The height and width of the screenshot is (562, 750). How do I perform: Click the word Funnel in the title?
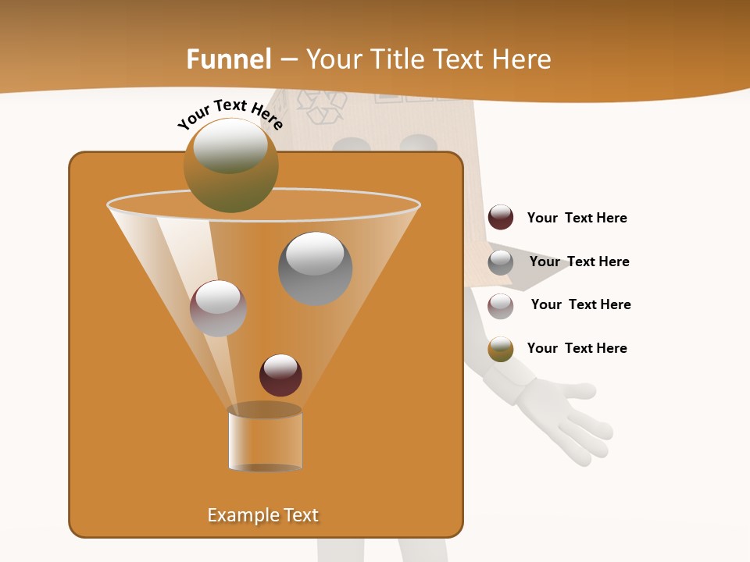(229, 59)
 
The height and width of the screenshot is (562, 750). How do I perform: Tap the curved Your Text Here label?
(230, 114)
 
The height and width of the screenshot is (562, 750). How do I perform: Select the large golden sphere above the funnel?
(231, 165)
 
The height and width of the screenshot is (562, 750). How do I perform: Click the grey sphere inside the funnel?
(315, 268)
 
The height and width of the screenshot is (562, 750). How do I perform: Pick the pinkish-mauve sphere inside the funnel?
(218, 308)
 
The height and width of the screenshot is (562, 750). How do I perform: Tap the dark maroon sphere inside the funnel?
(280, 375)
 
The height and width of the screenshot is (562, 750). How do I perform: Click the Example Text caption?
(263, 515)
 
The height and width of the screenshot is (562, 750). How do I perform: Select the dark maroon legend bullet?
(501, 218)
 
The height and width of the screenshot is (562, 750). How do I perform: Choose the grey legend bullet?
(501, 262)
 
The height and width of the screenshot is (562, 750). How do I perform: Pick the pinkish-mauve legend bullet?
(501, 305)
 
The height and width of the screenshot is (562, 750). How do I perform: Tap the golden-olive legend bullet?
(501, 349)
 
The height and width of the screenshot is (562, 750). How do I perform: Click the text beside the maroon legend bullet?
(577, 218)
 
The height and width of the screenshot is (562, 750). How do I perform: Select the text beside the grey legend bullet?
(579, 261)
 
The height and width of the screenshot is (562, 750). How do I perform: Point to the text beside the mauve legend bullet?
(580, 304)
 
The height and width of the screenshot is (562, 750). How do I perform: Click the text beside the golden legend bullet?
(577, 348)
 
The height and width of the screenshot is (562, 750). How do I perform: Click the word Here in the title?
(521, 59)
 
